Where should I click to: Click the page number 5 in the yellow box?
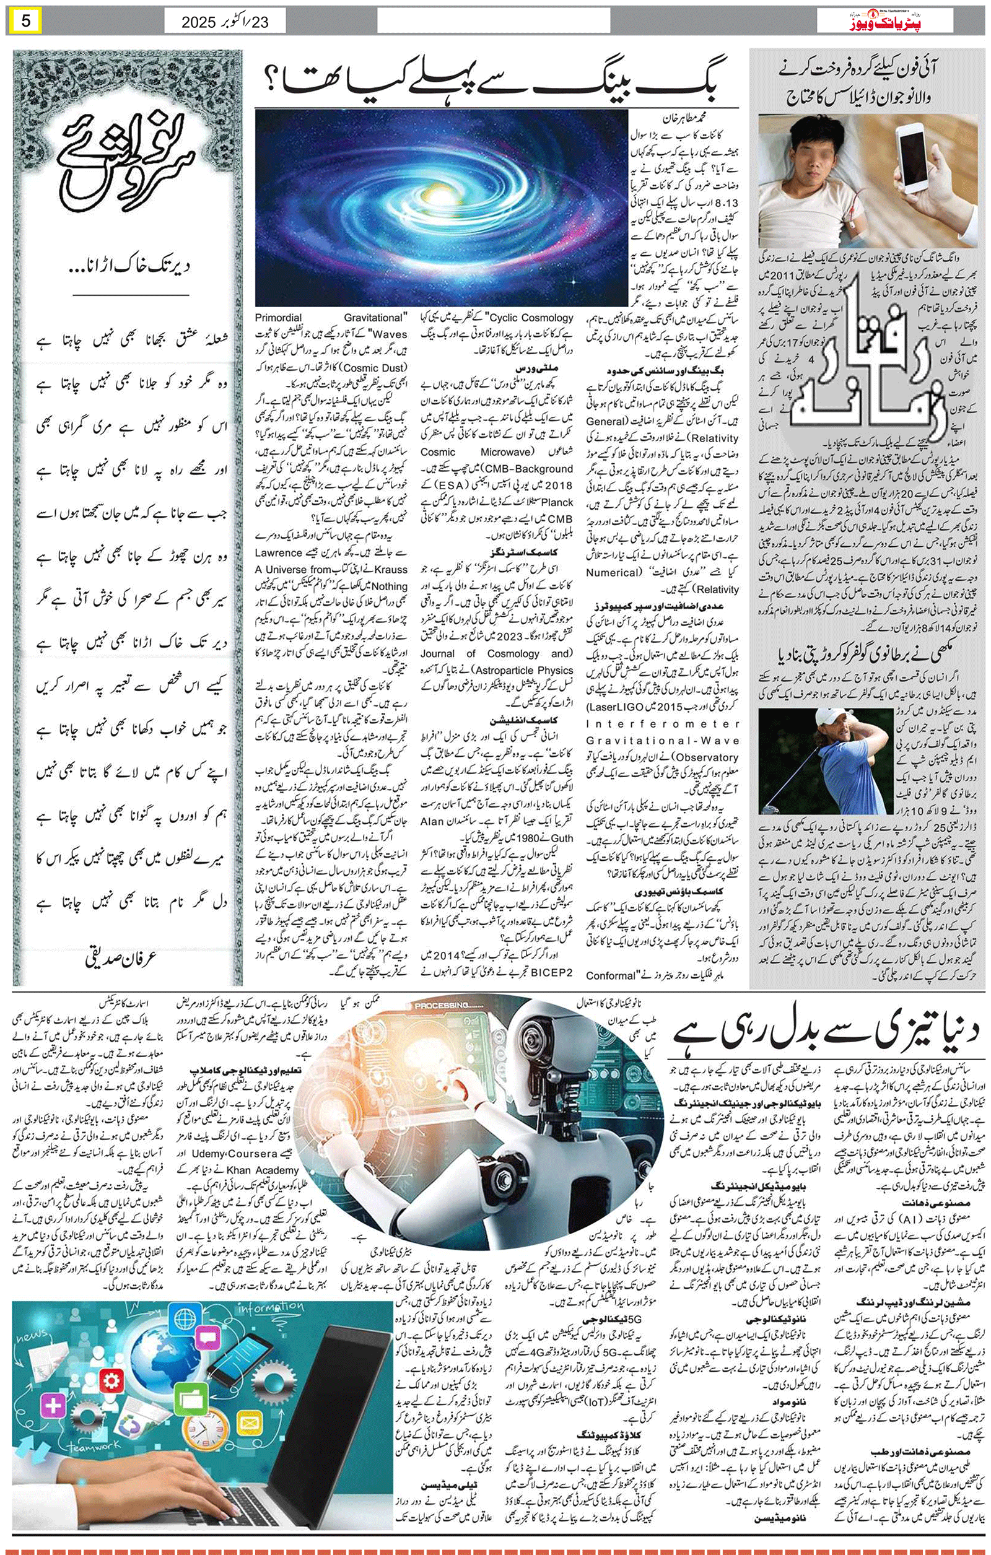(x=27, y=20)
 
